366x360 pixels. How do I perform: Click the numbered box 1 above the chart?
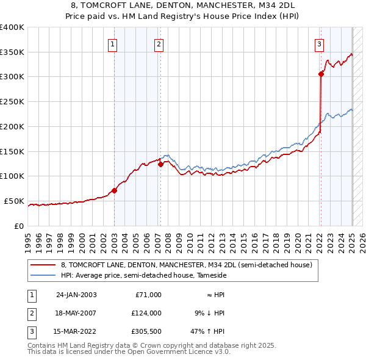pos(113,43)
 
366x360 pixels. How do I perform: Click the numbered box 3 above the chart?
pos(319,43)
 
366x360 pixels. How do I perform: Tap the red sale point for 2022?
pos(321,74)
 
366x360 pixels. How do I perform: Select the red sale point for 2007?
pos(160,164)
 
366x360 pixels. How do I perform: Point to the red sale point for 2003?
pos(114,190)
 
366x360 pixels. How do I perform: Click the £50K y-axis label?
pos(14,201)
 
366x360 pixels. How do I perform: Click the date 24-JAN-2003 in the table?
pos(76,295)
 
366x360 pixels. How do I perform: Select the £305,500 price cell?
pos(145,333)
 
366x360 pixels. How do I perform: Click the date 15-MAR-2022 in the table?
pos(76,333)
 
